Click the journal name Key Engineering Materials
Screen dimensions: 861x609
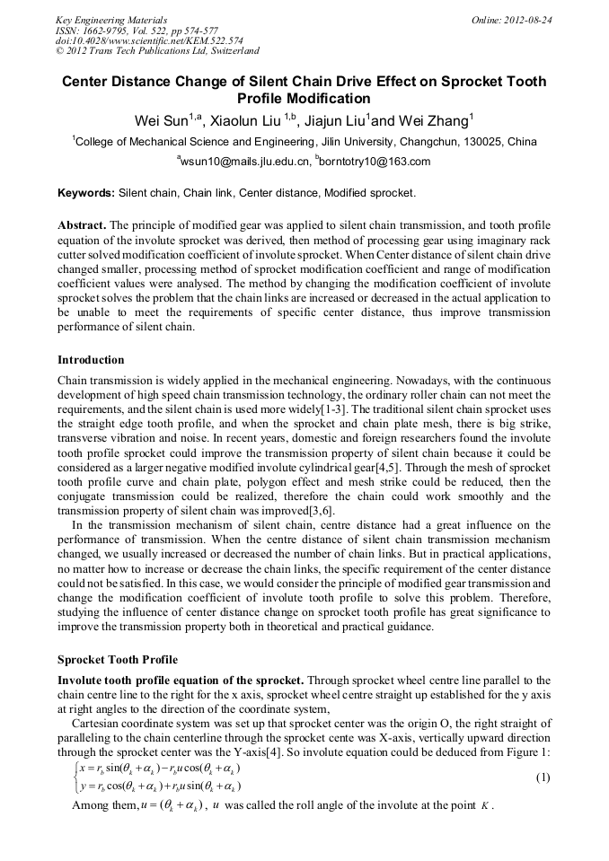pos(111,19)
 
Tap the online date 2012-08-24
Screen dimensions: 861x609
pos(530,19)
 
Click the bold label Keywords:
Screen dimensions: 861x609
pos(86,193)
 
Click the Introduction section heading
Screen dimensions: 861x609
pos(91,360)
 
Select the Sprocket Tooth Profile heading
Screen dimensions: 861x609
pos(117,660)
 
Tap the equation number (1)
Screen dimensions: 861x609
pos(543,778)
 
